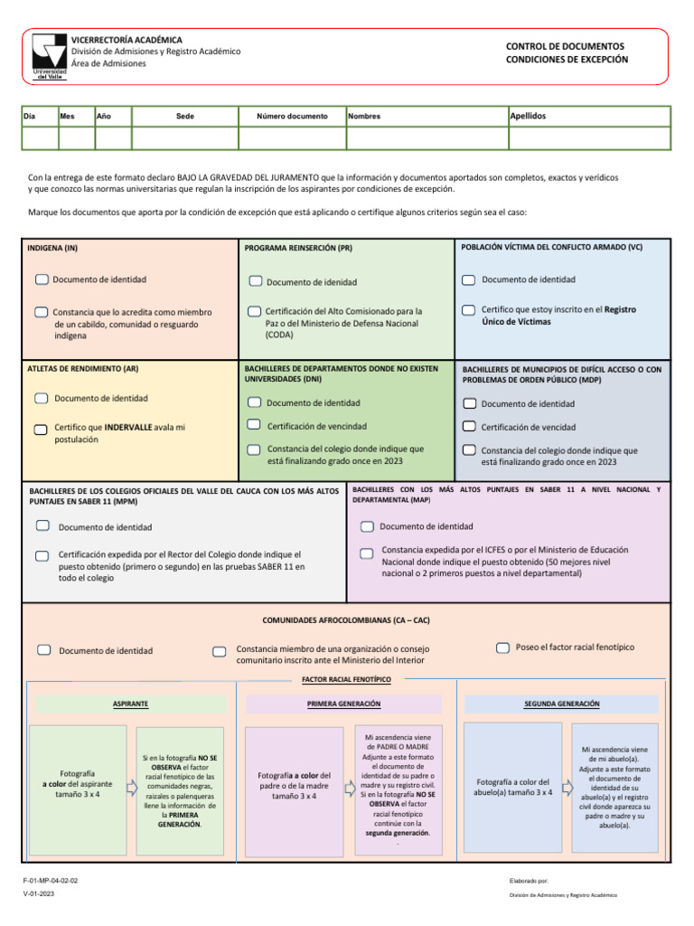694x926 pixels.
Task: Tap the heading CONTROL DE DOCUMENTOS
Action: (565, 46)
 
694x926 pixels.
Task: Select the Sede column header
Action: (184, 116)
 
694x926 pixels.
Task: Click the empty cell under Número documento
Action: (292, 137)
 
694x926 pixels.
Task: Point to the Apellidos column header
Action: (529, 116)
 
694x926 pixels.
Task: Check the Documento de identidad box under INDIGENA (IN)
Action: (42, 279)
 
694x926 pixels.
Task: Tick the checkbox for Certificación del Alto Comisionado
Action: (255, 311)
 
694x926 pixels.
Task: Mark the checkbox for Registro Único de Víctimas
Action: (468, 310)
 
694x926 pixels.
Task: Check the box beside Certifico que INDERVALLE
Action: (42, 429)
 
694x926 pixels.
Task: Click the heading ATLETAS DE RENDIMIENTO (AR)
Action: (83, 369)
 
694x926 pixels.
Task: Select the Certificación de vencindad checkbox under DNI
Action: (255, 425)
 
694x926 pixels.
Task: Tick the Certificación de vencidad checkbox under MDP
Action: (469, 426)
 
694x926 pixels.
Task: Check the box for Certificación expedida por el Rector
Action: (42, 556)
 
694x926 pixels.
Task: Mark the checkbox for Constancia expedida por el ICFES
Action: (366, 553)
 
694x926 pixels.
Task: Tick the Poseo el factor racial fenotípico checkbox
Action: (503, 647)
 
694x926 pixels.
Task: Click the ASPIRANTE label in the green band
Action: (130, 704)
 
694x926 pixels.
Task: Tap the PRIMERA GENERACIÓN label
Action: (343, 704)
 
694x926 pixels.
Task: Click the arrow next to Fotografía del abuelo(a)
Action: (567, 787)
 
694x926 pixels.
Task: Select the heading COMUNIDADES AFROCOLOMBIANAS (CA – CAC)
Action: (346, 621)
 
